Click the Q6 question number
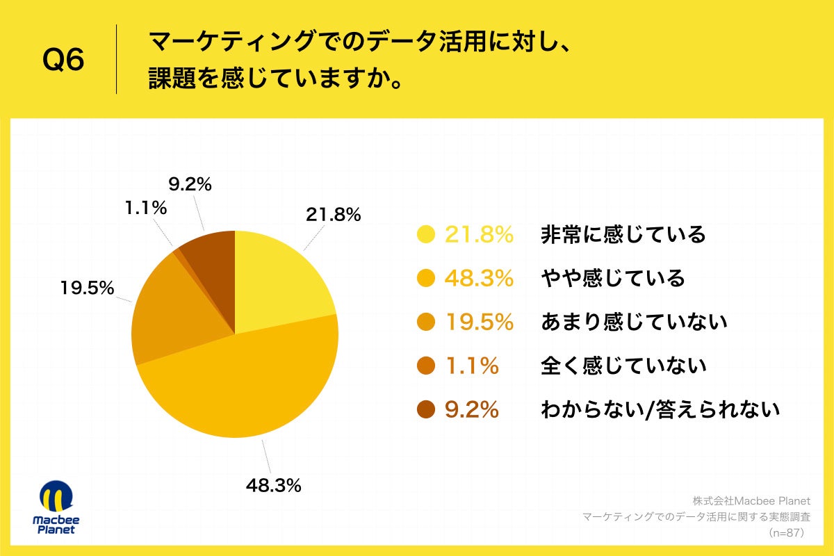tap(63, 60)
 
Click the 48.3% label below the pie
tap(273, 486)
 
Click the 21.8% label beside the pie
tap(333, 215)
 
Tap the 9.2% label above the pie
tap(190, 185)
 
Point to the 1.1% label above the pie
tap(146, 207)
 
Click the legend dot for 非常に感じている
tap(426, 235)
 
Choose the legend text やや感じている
tap(612, 279)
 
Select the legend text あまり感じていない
tap(633, 322)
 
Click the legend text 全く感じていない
tap(623, 366)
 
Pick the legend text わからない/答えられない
tap(660, 409)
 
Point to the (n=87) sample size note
tap(785, 533)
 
